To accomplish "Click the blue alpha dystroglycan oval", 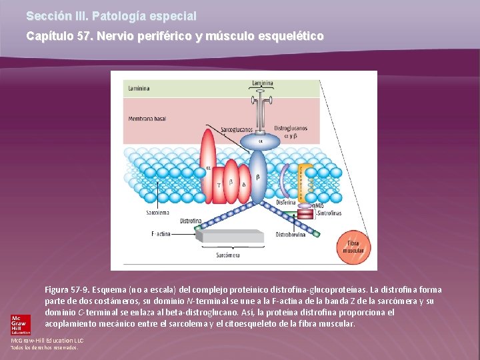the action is [261, 141].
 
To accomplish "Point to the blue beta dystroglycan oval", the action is [258, 177].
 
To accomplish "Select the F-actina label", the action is [161, 234].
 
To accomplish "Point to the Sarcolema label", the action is [157, 213].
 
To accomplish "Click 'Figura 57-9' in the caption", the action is [67, 290].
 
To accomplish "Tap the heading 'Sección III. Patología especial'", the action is [111, 15].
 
